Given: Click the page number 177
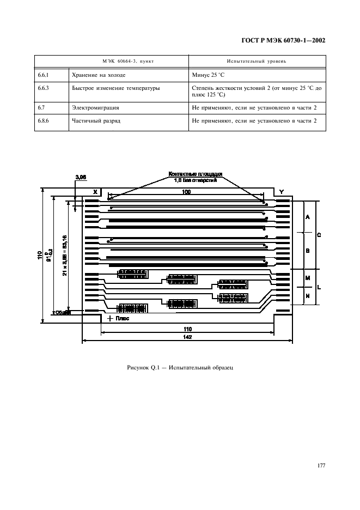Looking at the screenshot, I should (x=321, y=465).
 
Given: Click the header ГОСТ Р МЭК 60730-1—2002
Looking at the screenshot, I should (x=283, y=41).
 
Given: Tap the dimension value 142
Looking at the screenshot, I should (x=187, y=338).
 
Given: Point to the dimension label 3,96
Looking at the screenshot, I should (x=81, y=177).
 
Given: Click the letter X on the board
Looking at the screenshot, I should (x=95, y=192).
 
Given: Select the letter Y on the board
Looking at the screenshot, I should (x=281, y=192).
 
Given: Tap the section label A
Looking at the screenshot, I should (x=308, y=217).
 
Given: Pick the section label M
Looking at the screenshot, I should (x=307, y=278).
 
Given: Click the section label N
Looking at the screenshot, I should (x=307, y=296).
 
